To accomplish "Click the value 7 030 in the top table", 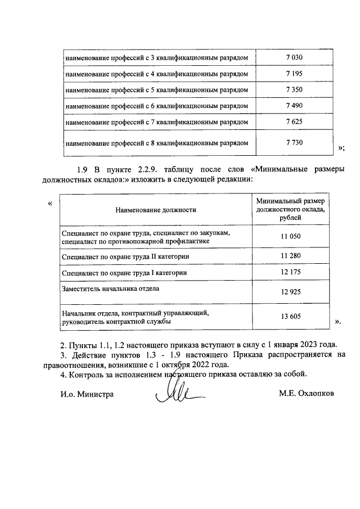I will pos(294,57).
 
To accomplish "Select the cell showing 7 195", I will pos(294,73).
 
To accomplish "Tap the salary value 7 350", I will pos(294,89).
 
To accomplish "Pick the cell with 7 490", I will pos(294,105).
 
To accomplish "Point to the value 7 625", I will pos(294,121).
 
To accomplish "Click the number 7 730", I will pos(294,142).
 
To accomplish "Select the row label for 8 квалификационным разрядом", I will pos(157,143).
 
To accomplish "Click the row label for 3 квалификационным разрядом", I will pos(157,58).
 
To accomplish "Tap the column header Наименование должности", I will pos(156,209).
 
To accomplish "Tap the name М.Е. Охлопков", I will pos(306,394).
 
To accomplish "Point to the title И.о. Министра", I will pos(87,394).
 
